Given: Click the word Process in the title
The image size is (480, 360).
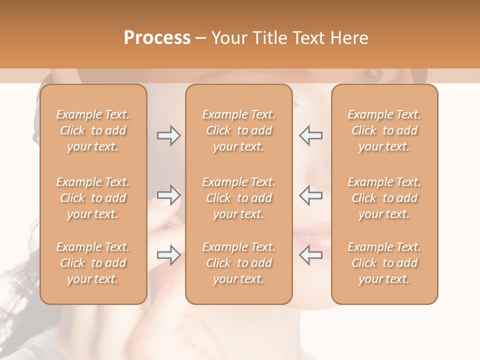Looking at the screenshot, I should click(157, 38).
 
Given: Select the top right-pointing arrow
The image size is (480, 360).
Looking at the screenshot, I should click(169, 135).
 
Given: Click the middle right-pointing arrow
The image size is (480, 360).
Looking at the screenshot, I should click(169, 195).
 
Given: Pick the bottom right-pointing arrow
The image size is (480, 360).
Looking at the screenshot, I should click(169, 255).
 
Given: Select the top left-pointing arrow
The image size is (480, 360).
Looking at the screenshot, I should click(310, 135).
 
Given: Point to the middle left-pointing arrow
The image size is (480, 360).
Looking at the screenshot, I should click(310, 195).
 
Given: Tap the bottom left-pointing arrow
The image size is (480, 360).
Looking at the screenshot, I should click(310, 255).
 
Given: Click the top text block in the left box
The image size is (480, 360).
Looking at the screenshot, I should click(93, 130).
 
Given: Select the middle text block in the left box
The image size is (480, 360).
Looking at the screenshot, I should click(93, 198).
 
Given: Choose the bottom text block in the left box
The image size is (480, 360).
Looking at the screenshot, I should click(93, 263).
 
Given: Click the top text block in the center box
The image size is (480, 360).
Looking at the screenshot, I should click(238, 130).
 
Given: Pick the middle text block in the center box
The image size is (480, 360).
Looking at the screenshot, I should click(238, 198).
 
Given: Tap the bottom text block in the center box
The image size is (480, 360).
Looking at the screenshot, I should click(238, 263).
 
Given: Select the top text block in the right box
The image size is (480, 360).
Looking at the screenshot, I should click(384, 130).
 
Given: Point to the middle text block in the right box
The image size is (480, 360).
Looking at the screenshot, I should click(384, 198).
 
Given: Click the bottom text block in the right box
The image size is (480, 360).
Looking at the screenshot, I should click(384, 263).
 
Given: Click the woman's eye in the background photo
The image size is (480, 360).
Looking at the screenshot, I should click(372, 75).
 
